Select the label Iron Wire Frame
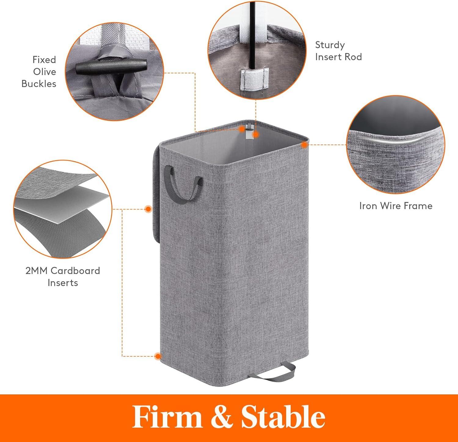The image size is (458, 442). point(396,206)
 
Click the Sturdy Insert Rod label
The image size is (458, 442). point(338,51)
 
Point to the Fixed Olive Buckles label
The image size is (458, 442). point(39,72)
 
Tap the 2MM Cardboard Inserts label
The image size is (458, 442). point(63,277)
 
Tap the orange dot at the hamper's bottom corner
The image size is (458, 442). point(158,356)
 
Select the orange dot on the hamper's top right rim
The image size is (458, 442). point(304,146)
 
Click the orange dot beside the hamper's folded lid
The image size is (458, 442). point(148,209)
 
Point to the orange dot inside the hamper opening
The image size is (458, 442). point(256,134)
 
